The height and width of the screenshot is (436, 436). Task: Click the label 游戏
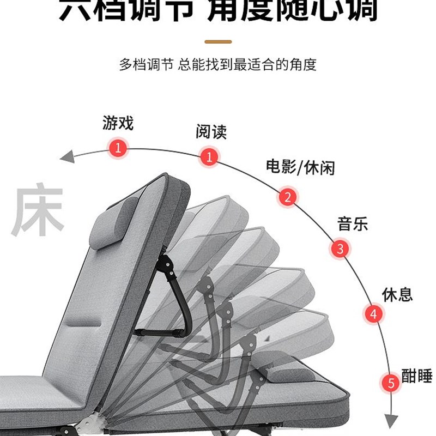point(118,123)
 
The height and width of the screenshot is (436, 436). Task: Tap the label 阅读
point(211,132)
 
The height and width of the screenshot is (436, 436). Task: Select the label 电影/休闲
point(300,167)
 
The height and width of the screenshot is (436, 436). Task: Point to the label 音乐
point(352,223)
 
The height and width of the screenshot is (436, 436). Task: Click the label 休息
point(397,295)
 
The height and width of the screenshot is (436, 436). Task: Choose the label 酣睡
point(416,376)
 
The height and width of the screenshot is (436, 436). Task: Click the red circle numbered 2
point(288,197)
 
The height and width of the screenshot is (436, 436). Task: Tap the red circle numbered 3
point(340,250)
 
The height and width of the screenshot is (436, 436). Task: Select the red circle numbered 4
point(373,313)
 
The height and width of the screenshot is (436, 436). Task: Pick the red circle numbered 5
point(391,383)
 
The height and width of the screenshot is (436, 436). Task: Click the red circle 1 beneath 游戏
point(118,147)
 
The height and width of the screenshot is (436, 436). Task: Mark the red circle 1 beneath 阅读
point(209,157)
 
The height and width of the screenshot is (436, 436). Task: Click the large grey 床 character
point(38,212)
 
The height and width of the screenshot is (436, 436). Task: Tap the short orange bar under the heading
point(218,41)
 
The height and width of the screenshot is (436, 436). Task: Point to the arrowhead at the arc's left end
point(67,158)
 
